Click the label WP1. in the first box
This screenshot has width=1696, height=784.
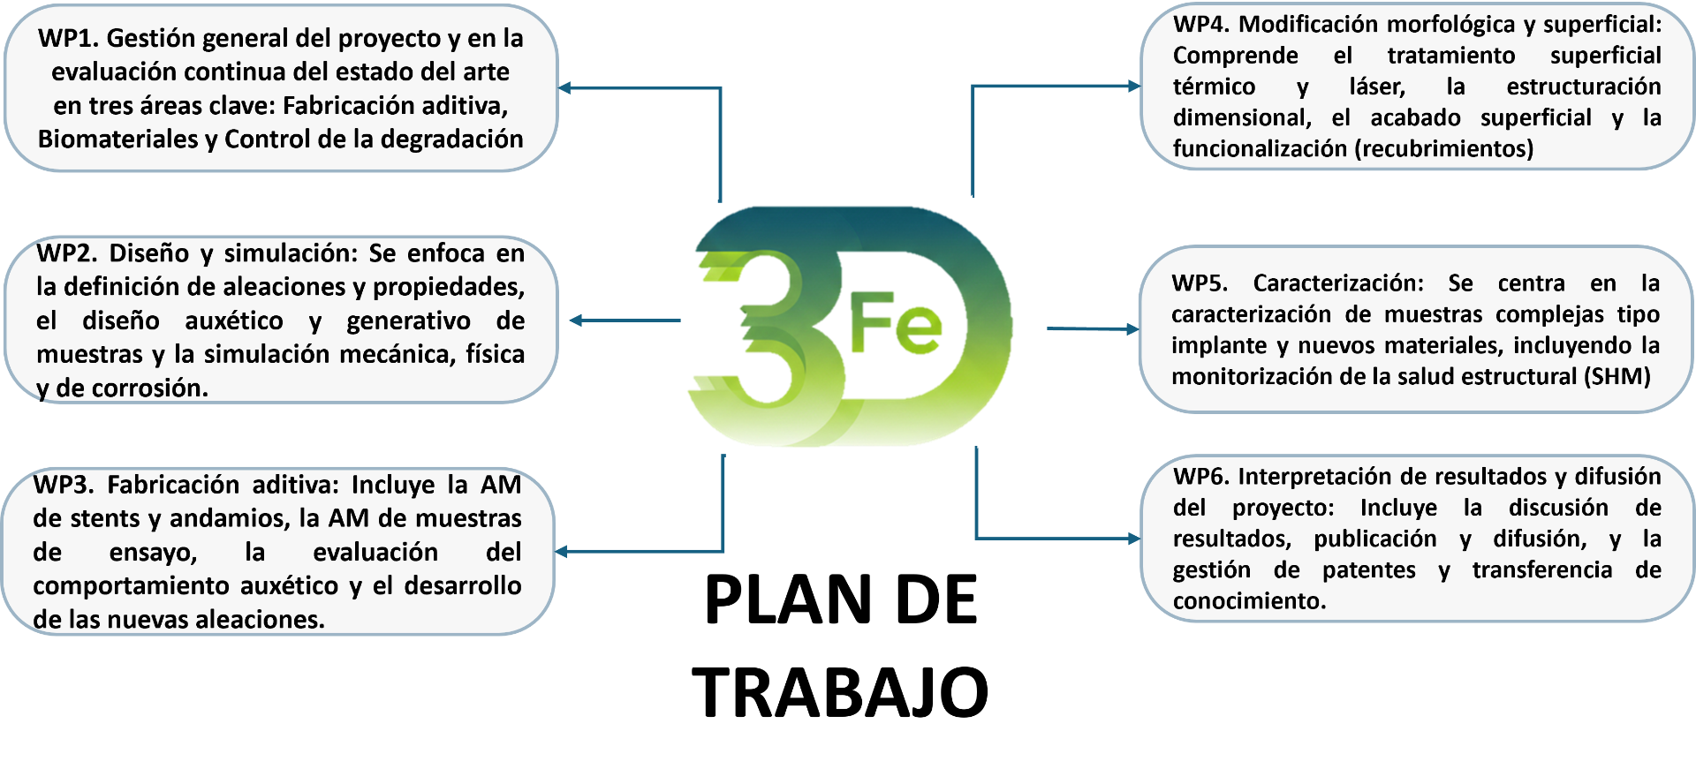68,39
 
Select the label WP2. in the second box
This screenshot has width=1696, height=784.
66,254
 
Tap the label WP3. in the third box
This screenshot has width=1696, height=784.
63,486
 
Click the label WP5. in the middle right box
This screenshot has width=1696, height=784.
1199,284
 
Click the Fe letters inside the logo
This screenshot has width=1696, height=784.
895,324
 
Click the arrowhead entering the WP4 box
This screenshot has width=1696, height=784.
1133,87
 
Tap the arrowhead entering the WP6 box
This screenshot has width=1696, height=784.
1133,539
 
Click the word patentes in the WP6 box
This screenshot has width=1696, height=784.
1368,570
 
